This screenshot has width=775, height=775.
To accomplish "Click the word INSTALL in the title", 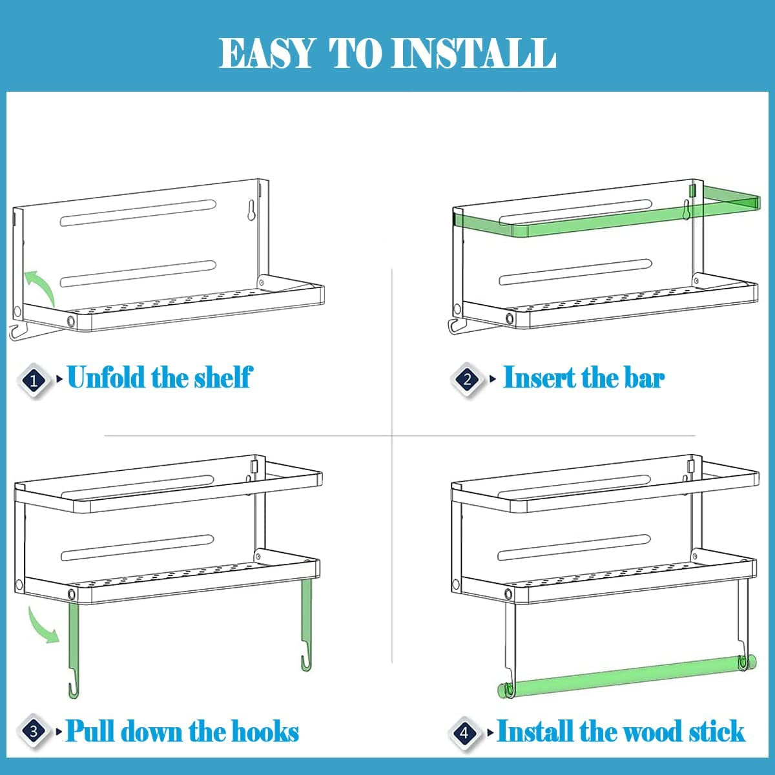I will [x=475, y=53].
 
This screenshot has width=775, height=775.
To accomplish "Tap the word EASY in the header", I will [x=267, y=53].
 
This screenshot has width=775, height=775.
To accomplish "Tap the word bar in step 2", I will [x=643, y=377].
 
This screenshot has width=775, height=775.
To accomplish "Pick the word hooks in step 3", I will [x=265, y=732].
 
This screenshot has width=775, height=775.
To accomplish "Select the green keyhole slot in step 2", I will [x=686, y=209].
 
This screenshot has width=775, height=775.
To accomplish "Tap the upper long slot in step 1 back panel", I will [x=138, y=214].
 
